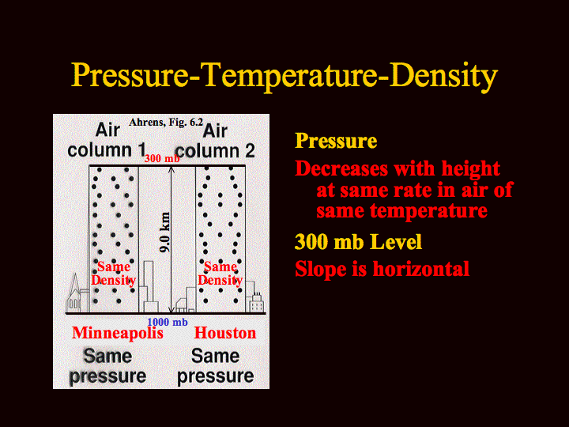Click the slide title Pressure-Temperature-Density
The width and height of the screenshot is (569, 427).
(284, 75)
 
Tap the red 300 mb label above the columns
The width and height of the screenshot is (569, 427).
(162, 159)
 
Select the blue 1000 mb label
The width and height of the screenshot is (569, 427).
(168, 322)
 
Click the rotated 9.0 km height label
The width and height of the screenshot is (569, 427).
(164, 232)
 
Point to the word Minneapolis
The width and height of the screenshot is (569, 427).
(118, 334)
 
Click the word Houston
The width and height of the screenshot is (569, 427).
(225, 333)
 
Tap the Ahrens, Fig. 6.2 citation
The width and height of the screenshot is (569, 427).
(166, 122)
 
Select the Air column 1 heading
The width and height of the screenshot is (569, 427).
(107, 140)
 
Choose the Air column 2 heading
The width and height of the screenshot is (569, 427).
(215, 141)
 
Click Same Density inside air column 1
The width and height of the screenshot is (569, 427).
(114, 274)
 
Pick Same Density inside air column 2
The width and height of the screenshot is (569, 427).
(220, 274)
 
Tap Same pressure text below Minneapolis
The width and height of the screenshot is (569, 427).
(107, 365)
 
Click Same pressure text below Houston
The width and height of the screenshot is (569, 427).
(215, 365)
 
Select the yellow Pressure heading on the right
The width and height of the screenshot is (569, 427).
(336, 141)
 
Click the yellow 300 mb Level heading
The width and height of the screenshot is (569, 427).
(358, 241)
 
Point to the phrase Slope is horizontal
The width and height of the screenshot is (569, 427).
(382, 269)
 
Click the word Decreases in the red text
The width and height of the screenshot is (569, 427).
(341, 168)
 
